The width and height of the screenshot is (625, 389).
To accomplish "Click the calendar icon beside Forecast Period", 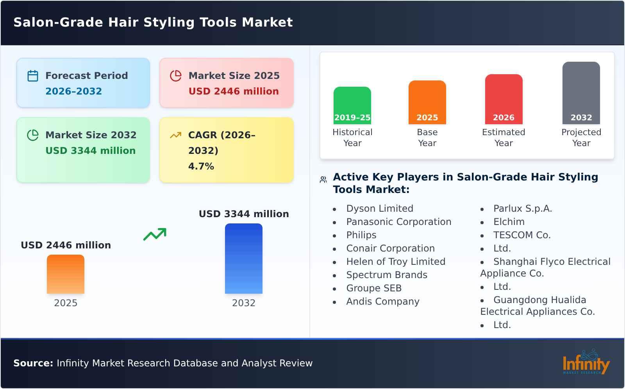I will [33, 76].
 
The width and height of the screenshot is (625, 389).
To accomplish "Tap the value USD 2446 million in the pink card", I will [234, 91].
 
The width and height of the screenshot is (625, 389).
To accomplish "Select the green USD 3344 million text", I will [91, 151].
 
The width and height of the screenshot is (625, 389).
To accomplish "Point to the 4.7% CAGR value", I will [201, 166].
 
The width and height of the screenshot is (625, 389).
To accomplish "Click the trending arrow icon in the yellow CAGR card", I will [176, 135].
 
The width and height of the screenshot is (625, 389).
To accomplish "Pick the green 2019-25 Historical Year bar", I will [352, 105].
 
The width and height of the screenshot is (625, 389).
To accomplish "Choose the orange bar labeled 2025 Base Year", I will [427, 102].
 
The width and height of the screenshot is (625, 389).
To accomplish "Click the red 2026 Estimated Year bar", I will [504, 99].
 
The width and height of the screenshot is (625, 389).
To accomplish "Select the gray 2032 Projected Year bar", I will [581, 93].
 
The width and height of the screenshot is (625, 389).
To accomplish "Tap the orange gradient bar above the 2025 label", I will [66, 274].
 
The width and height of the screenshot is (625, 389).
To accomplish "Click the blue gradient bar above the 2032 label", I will [244, 259].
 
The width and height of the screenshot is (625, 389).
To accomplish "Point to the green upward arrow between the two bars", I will [155, 234].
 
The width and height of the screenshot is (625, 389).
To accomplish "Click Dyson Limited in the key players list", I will [379, 209].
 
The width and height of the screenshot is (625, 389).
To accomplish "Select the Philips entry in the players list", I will [361, 235].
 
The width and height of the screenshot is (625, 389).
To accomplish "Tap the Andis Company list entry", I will [382, 302].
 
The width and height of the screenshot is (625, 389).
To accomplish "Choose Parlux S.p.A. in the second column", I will [522, 209].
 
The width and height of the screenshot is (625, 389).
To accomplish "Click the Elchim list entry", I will [509, 222].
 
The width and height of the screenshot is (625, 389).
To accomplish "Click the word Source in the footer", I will [33, 363].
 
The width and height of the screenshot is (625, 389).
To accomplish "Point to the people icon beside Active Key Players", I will [323, 180].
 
